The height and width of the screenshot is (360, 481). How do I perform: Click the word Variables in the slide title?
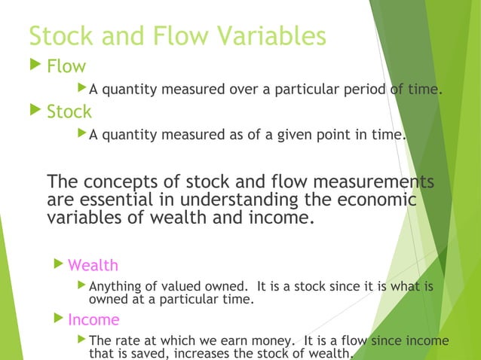(265, 35)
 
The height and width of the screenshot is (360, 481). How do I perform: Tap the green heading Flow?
(66, 67)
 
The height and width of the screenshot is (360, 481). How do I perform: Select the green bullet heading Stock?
(69, 112)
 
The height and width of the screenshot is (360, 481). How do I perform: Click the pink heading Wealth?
(93, 265)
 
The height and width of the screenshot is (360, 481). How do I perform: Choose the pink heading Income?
(93, 319)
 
